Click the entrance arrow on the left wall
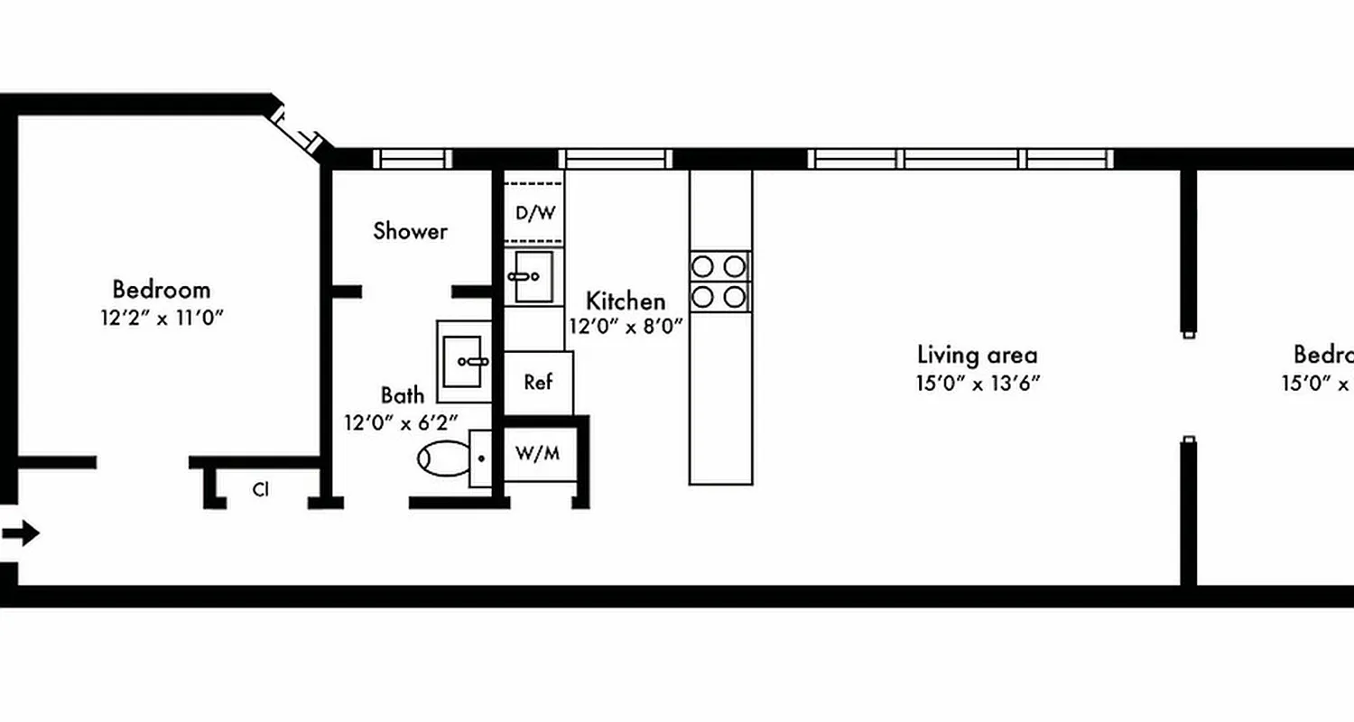(x=22, y=533)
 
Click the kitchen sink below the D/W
(x=533, y=277)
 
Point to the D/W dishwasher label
(x=535, y=214)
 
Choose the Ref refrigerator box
(x=538, y=383)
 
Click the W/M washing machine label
(x=537, y=453)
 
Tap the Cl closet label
(x=261, y=490)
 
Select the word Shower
(x=411, y=231)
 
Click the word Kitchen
(x=626, y=301)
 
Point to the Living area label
(x=978, y=354)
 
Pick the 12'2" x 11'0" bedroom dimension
(x=162, y=318)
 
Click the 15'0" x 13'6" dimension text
(x=978, y=383)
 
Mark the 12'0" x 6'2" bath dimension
(x=401, y=421)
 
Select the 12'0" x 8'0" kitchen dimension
(x=626, y=326)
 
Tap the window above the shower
(x=413, y=159)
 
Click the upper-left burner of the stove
(x=703, y=266)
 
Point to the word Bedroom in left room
(x=162, y=290)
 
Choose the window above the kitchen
(x=616, y=159)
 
